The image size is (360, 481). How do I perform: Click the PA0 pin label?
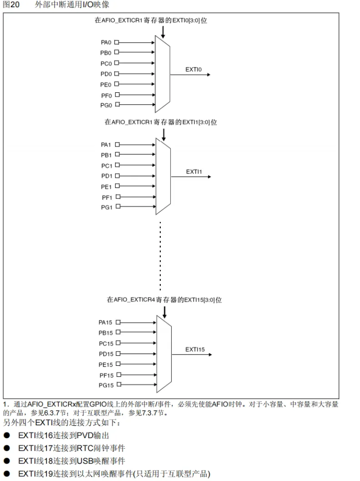(x=106, y=42)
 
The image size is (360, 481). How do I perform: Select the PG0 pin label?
(x=106, y=105)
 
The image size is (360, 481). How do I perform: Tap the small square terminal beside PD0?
(x=117, y=74)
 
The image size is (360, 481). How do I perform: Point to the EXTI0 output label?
(x=194, y=69)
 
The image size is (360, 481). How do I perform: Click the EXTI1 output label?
(x=194, y=171)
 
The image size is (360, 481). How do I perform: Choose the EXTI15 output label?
(x=195, y=349)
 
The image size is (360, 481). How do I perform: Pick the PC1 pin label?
(x=106, y=166)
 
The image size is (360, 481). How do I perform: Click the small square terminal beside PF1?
(x=117, y=196)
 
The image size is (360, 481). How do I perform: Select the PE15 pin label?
(x=106, y=364)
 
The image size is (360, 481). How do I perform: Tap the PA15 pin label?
(x=106, y=323)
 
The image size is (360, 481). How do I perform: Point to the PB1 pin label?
(x=106, y=155)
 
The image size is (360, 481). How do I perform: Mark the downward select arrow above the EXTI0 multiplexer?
(x=163, y=32)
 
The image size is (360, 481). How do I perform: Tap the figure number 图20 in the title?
(x=11, y=5)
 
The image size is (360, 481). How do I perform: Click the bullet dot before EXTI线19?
(x=7, y=474)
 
